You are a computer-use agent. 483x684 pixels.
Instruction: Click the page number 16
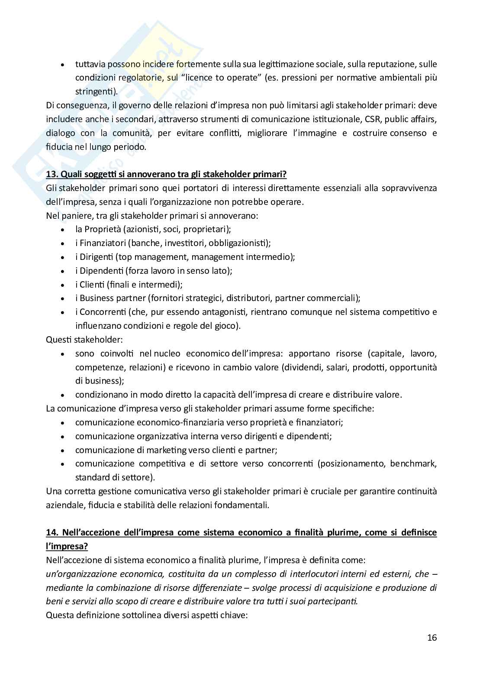(x=431, y=637)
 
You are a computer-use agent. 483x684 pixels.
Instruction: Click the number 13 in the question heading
(x=51, y=174)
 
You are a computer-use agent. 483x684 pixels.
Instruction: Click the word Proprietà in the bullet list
(x=102, y=229)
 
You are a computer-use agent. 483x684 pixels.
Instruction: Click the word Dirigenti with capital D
(x=96, y=257)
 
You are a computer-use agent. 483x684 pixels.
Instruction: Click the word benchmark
(x=413, y=464)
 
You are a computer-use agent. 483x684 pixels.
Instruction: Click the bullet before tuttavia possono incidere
(x=63, y=65)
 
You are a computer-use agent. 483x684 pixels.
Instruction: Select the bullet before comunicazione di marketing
(x=63, y=451)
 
